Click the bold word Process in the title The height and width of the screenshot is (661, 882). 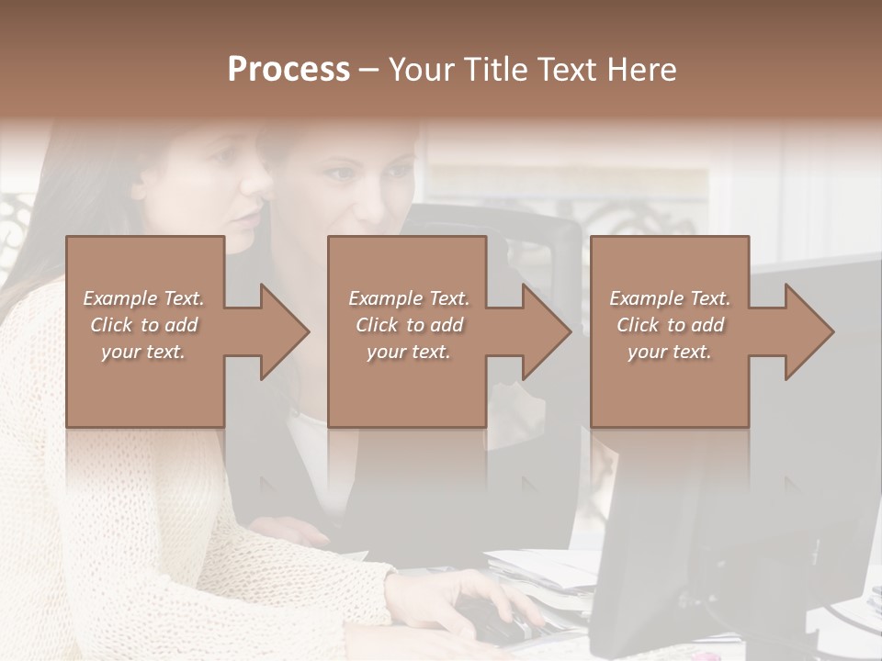(288, 70)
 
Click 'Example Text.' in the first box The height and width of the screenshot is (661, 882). (143, 298)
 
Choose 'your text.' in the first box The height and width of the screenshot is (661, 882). (143, 352)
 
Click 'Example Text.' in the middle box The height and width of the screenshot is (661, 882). (409, 298)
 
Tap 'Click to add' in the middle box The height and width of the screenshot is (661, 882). (409, 325)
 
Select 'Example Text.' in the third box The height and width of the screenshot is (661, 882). (670, 298)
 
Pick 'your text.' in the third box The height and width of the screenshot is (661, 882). (670, 352)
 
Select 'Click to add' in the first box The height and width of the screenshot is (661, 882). (143, 325)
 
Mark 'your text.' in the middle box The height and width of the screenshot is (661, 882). (409, 352)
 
